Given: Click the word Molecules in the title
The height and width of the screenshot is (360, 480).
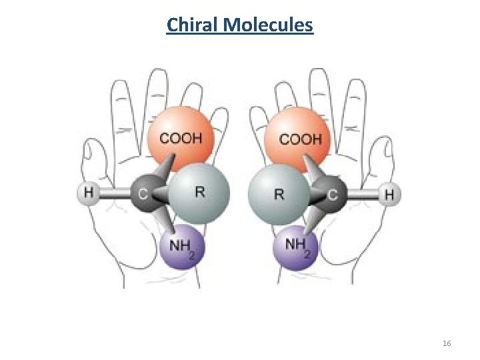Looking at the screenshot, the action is tap(269, 25).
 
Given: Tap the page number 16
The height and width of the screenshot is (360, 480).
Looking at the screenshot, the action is tap(447, 343).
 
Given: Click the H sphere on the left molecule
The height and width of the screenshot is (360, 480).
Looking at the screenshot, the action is tap(88, 194).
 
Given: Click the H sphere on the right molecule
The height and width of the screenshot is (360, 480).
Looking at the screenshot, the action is tap(390, 195).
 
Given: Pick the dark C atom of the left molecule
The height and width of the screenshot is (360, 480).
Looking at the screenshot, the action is tap(143, 195).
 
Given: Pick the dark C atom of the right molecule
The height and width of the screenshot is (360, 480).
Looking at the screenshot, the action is tap(332, 195).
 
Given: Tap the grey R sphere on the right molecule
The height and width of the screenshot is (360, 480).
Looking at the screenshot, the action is tap(279, 195).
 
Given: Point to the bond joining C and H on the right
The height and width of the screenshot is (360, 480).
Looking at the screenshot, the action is tap(363, 195).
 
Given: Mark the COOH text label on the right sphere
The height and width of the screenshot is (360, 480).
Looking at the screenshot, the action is tap(300, 139).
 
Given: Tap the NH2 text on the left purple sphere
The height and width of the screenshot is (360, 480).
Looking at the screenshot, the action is tap(182, 246).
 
